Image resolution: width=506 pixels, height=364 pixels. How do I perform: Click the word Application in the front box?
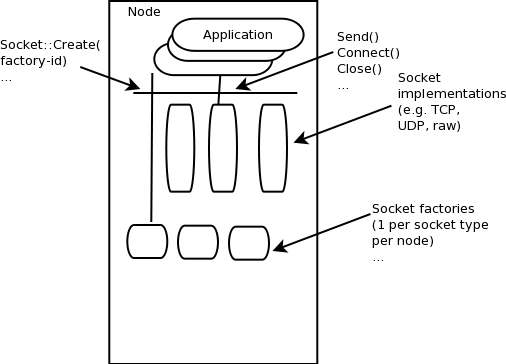pos(237,35)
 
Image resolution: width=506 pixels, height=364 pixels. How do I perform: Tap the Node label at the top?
pos(144,11)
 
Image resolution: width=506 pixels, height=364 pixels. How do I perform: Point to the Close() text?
pos(360,68)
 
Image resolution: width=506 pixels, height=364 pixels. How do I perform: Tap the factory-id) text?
pos(37,61)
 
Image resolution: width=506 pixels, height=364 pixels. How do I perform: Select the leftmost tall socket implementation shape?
pos(180,147)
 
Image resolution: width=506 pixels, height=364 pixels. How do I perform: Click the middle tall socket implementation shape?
pos(223,147)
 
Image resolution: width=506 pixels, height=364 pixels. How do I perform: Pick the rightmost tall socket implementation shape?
pos(273,147)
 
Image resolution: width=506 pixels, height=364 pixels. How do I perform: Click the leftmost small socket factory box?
pos(146,240)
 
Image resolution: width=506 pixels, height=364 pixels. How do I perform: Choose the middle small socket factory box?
pos(197,241)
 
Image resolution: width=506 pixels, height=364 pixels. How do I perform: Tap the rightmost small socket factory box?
pos(249,243)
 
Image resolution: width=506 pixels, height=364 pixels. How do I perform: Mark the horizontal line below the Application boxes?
pos(215,93)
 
